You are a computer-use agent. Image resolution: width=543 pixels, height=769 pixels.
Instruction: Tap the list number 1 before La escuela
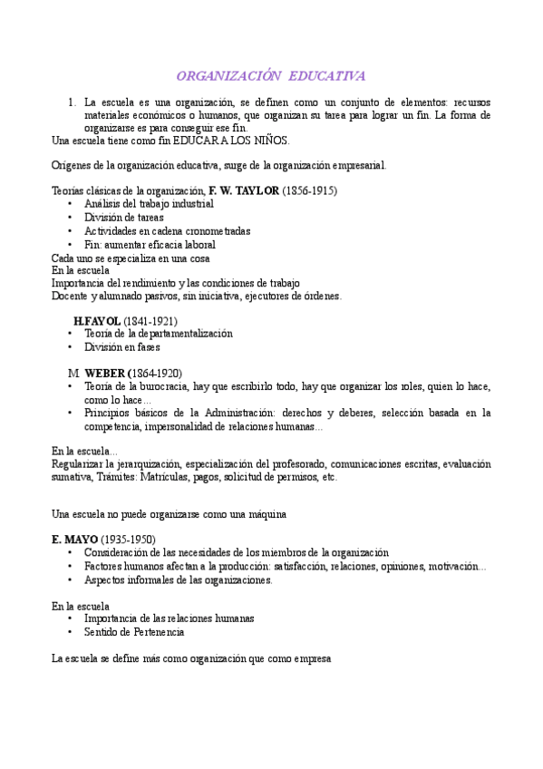coord(72,102)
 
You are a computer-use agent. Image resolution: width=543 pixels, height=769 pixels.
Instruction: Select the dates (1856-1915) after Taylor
coord(310,191)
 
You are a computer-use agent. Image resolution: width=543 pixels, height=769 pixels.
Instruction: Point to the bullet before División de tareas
coord(71,218)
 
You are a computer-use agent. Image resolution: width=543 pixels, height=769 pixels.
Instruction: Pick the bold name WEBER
coord(106,373)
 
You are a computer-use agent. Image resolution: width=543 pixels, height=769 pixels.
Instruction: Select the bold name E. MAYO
coord(74,540)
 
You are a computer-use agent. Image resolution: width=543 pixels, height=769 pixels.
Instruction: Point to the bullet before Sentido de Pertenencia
coord(71,631)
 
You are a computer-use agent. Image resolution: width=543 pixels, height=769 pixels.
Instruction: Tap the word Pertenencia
coord(153,631)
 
